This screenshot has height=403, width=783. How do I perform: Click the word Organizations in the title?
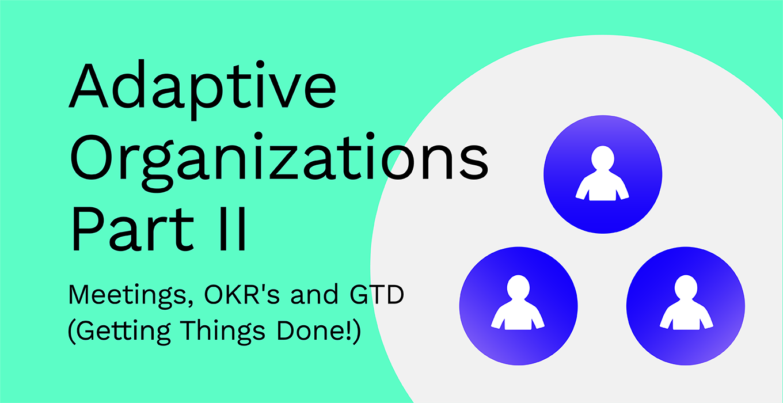279,161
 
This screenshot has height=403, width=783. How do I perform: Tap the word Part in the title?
132,229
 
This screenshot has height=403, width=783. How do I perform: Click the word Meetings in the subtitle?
131,296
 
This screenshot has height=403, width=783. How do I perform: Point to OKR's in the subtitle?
242,294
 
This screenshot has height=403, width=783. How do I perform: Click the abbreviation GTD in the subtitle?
377,294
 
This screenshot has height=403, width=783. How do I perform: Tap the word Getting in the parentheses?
122,332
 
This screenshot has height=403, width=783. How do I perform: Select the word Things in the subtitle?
223,332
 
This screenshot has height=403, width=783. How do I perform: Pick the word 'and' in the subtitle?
314,294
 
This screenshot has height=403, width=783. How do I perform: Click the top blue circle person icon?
603,174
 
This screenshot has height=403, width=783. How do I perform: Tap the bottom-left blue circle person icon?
518,306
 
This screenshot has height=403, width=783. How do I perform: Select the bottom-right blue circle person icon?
686,306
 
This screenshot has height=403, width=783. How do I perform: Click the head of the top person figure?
603,158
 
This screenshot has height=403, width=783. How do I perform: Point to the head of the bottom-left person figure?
518,287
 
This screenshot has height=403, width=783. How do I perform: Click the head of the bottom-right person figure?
686,287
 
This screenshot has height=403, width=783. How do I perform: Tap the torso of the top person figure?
602,187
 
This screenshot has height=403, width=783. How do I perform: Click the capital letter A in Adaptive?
88,86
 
